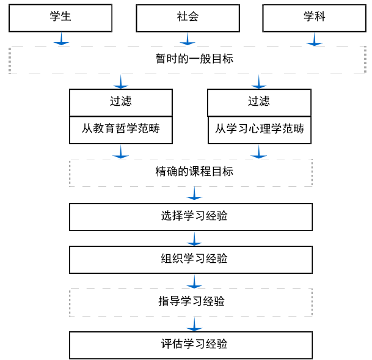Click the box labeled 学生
60,18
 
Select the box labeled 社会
188,18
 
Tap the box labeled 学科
314,18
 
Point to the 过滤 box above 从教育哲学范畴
121,102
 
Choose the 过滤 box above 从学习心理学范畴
259,102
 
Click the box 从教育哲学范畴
121,130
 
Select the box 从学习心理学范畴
259,130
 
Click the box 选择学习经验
191,216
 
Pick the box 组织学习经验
191,259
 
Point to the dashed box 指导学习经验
191,302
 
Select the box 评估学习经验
191,345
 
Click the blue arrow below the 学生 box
61,39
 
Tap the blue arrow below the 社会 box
188,39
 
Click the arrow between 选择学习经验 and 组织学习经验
194,238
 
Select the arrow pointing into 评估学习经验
194,324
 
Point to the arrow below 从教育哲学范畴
121,152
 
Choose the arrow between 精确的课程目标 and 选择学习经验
194,194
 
